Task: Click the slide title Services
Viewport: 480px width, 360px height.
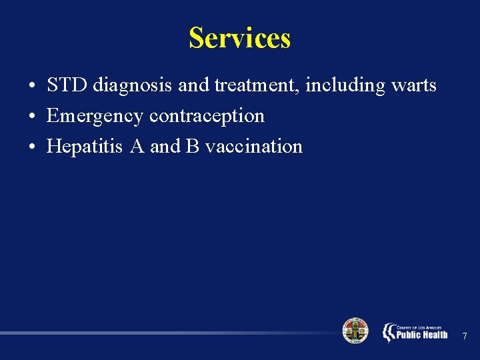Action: pyautogui.click(x=239, y=38)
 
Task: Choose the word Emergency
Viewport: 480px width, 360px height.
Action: pyautogui.click(x=95, y=117)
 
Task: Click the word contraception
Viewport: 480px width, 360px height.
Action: pyautogui.click(x=207, y=116)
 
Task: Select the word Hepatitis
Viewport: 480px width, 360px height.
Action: pyautogui.click(x=85, y=147)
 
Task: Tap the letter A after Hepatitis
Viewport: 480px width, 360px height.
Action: pyautogui.click(x=137, y=147)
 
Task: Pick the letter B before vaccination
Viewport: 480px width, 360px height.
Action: pyautogui.click(x=193, y=147)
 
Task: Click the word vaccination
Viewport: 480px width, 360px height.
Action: pyautogui.click(x=254, y=147)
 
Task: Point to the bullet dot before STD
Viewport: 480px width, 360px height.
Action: pyautogui.click(x=32, y=87)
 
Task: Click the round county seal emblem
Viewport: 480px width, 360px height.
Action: pyautogui.click(x=355, y=331)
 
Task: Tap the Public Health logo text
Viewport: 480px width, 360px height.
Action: pyautogui.click(x=422, y=334)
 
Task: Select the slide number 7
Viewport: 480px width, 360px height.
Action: pyautogui.click(x=465, y=335)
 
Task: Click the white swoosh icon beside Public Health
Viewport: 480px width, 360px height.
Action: pyautogui.click(x=389, y=332)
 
